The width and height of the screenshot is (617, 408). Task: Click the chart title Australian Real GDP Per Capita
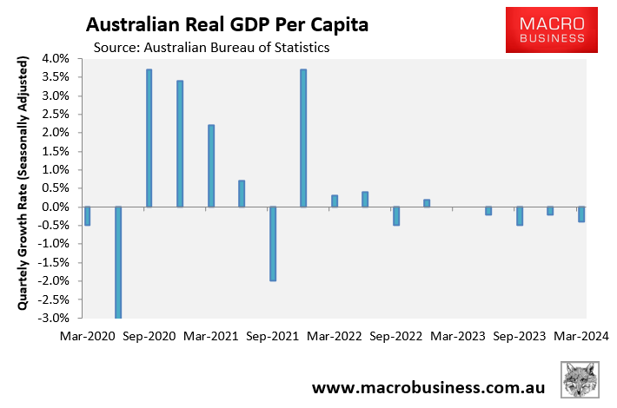pyautogui.click(x=226, y=24)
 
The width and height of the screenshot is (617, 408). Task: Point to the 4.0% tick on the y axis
pyautogui.click(x=55, y=59)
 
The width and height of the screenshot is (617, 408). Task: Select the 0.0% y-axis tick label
pyautogui.click(x=55, y=207)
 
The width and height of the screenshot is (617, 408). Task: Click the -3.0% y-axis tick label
pyautogui.click(x=53, y=318)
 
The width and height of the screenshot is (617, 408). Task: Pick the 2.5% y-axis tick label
pyautogui.click(x=55, y=115)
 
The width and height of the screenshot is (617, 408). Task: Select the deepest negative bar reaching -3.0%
pyautogui.click(x=117, y=262)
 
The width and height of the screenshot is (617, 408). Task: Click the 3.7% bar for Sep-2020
pyautogui.click(x=149, y=138)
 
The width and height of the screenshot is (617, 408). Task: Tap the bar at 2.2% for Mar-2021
pyautogui.click(x=210, y=166)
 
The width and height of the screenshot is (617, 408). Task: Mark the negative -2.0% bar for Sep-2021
pyautogui.click(x=272, y=243)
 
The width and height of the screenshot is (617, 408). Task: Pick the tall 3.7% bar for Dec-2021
pyautogui.click(x=303, y=138)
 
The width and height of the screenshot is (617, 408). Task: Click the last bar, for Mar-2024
pyautogui.click(x=581, y=214)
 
